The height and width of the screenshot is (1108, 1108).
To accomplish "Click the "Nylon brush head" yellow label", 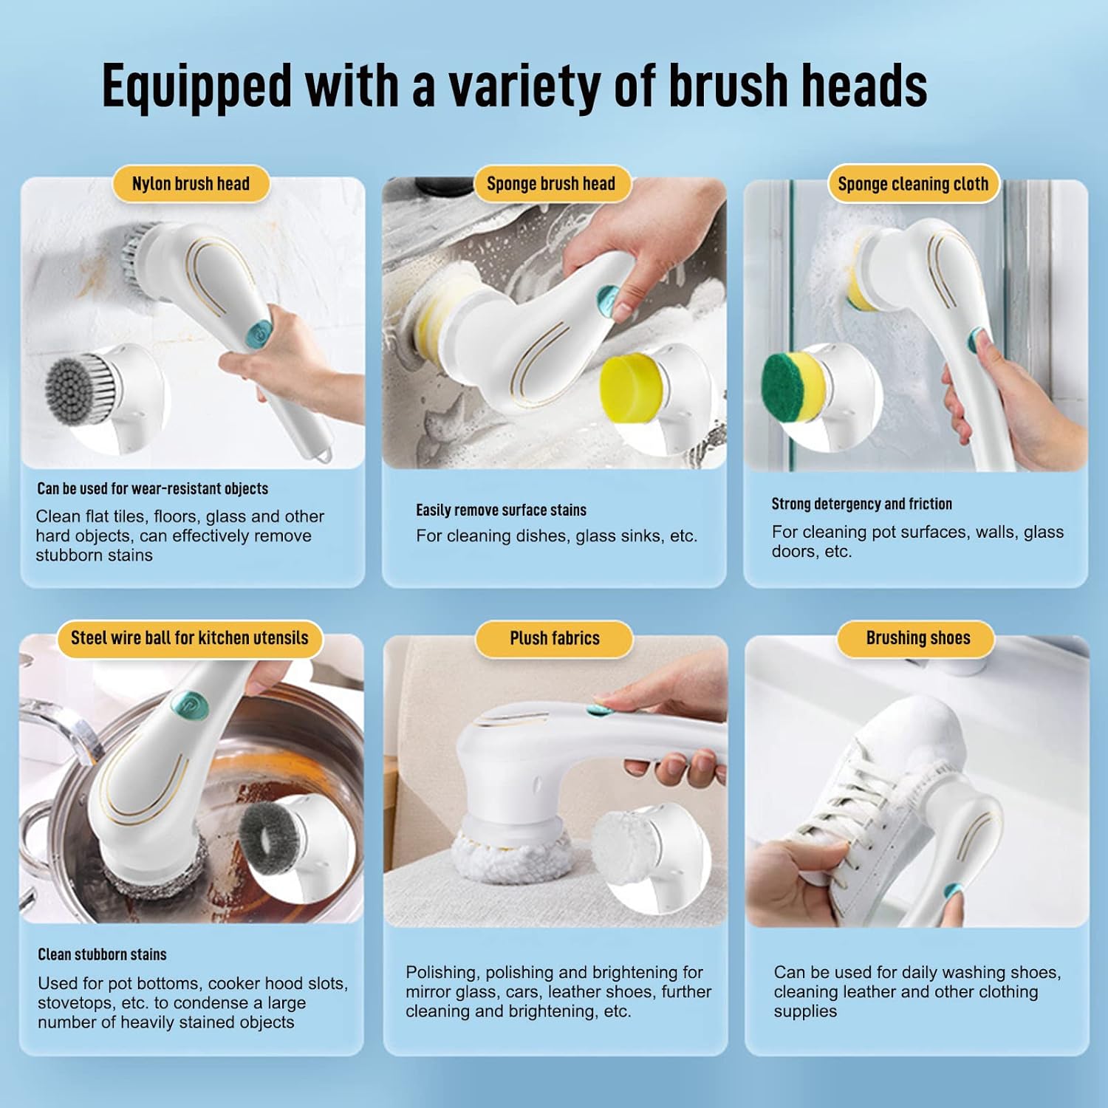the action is tap(191, 184).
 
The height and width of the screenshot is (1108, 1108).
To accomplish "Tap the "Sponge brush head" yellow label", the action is tap(550, 184).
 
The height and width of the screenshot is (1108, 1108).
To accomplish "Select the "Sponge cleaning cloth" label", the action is tap(913, 184).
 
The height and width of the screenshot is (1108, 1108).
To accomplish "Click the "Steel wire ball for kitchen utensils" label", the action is tap(189, 638).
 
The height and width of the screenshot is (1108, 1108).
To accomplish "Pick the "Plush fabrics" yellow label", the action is tap(555, 638).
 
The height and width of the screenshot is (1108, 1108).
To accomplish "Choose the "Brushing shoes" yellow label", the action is tap(918, 638).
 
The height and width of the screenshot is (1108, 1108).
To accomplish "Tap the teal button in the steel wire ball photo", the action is tap(187, 702).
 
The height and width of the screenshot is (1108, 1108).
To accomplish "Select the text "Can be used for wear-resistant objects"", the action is tap(152, 488).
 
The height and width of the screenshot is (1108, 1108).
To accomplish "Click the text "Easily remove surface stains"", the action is tap(501, 510).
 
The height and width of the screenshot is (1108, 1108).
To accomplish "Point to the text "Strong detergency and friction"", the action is tap(862, 504).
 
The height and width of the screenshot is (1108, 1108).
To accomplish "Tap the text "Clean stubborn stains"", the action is tap(102, 954).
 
